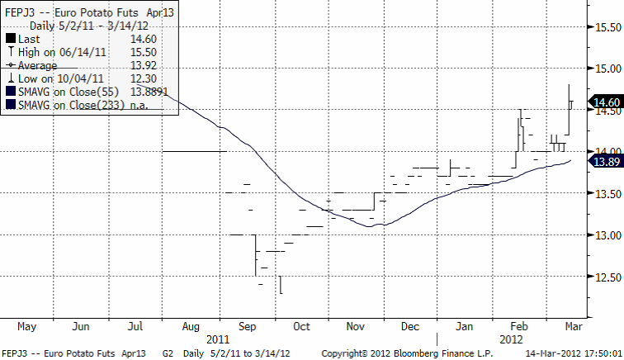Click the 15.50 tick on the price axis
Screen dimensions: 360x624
point(607,26)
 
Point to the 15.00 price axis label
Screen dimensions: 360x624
point(607,69)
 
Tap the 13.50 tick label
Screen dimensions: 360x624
point(607,194)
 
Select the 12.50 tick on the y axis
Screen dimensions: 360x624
point(607,277)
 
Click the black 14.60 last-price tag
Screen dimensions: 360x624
point(605,102)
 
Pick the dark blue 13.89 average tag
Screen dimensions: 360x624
point(605,163)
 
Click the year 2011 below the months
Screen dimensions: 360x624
point(218,339)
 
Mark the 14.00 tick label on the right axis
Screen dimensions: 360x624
point(607,152)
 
